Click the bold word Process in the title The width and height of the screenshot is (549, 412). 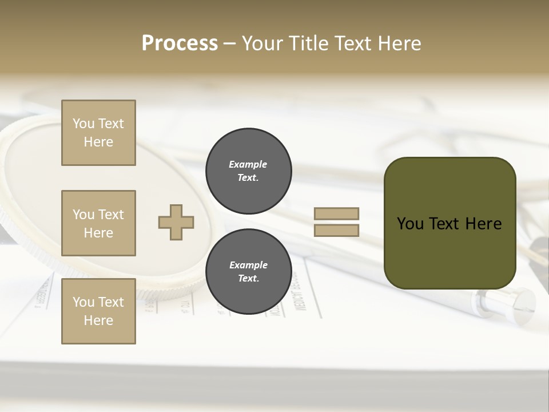(x=180, y=43)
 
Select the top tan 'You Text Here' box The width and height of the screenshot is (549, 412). (x=98, y=133)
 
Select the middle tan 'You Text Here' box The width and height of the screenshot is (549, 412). (x=98, y=223)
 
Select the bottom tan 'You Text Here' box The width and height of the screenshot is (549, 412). (x=98, y=311)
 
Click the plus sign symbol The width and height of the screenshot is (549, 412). (x=176, y=222)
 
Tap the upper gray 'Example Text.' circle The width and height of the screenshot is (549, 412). (x=248, y=171)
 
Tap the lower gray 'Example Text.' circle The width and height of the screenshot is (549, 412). (x=248, y=272)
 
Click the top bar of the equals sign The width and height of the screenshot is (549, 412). (x=336, y=213)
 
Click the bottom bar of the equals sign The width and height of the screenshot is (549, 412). (x=336, y=231)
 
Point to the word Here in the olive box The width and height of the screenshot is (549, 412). (x=483, y=224)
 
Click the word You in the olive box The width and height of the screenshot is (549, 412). (x=410, y=224)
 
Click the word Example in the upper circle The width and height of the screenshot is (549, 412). (x=248, y=164)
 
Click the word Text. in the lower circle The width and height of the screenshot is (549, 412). (x=248, y=279)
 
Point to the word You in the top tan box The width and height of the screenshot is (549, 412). (x=83, y=124)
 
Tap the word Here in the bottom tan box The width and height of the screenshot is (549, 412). (x=98, y=320)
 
